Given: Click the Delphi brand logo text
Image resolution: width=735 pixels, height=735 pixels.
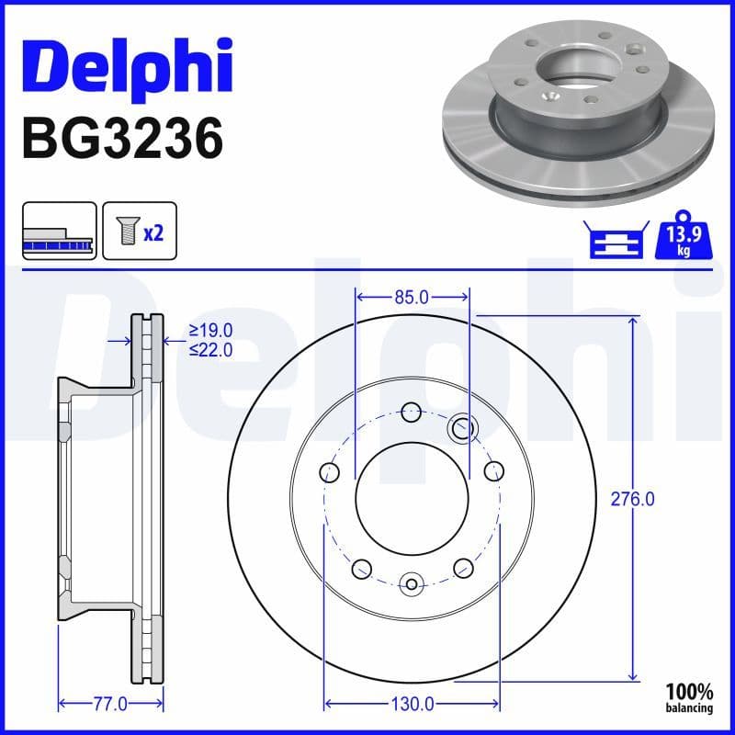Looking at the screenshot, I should point(127,66).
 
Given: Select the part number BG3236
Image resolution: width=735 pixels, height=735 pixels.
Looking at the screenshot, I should point(121,140).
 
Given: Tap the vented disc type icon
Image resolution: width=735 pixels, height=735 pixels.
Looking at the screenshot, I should point(59,231).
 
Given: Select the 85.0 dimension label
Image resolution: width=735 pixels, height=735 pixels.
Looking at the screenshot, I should point(412,297).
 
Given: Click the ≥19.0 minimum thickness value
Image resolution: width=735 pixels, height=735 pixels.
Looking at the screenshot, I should point(210,331).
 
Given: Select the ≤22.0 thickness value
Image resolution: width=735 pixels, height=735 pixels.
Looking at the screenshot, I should point(210,349).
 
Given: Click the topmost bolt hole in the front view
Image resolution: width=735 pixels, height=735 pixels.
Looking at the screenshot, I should point(412,410).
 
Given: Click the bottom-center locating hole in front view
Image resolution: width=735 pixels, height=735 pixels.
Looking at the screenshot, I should point(412,582).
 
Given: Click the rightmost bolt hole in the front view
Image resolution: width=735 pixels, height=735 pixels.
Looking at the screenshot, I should point(493,472).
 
